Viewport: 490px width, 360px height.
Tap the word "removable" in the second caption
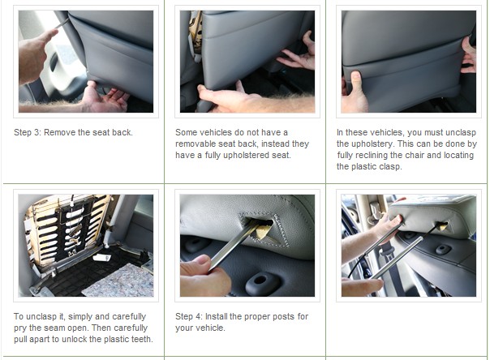[196, 144]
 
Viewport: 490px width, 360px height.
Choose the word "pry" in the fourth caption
[19, 328]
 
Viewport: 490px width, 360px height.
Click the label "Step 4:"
[189, 316]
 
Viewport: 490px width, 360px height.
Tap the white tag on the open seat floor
[102, 257]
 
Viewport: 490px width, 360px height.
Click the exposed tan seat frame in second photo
[196, 32]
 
